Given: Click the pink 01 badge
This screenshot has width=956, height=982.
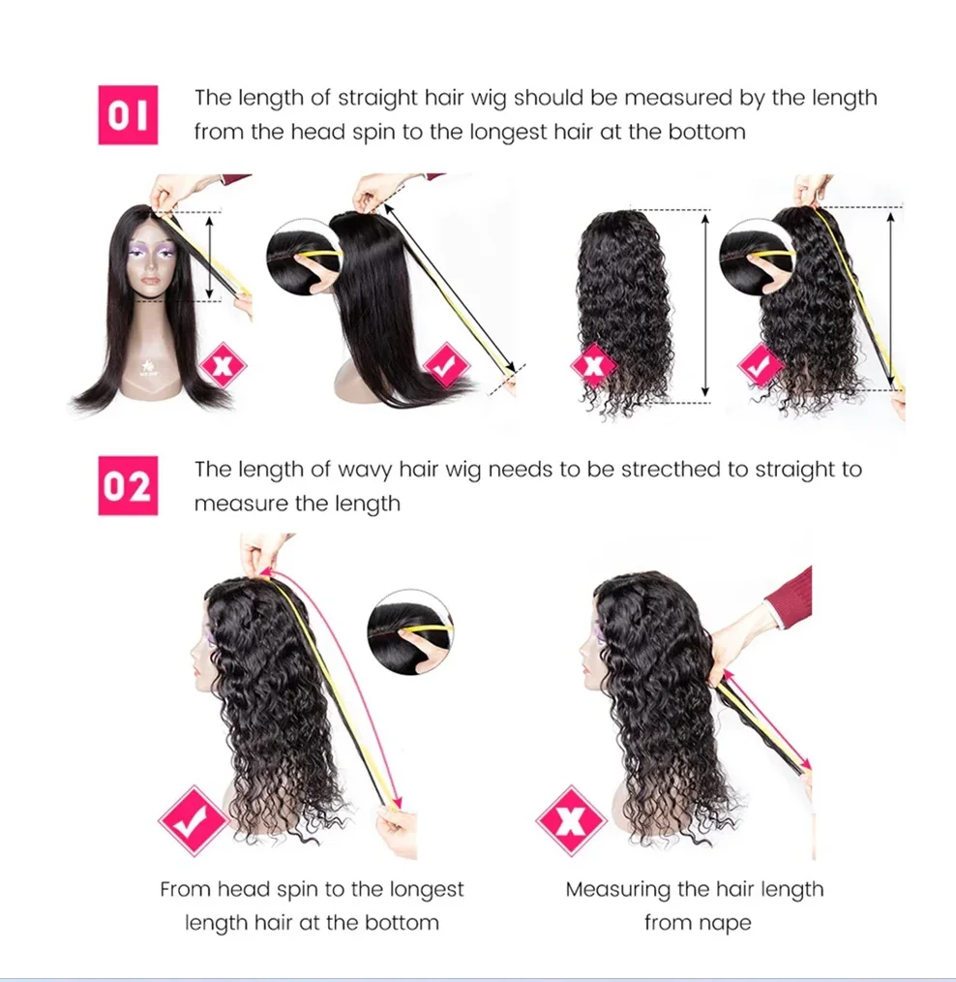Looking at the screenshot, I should (128, 115).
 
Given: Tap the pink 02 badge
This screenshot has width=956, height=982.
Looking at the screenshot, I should (128, 486).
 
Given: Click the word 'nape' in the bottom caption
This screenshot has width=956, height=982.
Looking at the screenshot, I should (725, 923).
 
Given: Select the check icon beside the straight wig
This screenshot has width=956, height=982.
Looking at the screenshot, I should (446, 367).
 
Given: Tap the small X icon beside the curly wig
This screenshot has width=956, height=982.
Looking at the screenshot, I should (594, 366).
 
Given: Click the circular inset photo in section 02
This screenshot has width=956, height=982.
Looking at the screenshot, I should (410, 632).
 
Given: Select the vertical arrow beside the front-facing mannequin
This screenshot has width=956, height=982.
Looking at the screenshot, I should (210, 257).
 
